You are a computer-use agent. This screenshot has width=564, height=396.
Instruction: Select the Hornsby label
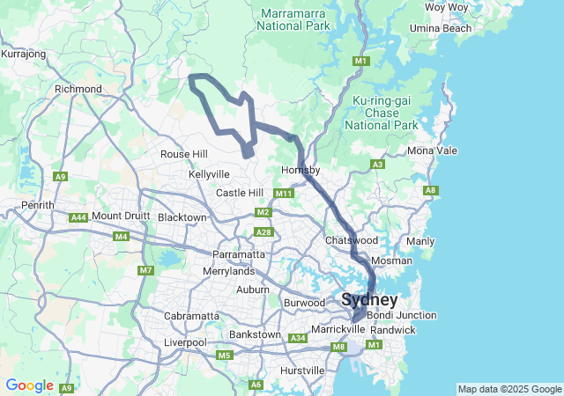[x=300, y=170]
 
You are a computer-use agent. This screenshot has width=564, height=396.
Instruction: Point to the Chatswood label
[x=352, y=240]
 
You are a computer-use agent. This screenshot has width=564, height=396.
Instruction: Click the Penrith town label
[x=38, y=205]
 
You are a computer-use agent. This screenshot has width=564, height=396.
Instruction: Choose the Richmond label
[x=78, y=89]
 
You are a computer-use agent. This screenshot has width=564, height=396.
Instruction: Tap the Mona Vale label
[x=433, y=150]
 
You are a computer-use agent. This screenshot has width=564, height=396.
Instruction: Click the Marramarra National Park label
[x=293, y=19]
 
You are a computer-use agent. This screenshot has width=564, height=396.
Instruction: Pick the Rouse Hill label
[x=184, y=154]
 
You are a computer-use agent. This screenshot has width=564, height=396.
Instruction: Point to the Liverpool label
[x=185, y=342]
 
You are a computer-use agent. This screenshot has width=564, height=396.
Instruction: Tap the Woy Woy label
[x=446, y=7]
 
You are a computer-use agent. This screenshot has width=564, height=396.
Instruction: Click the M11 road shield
[x=283, y=194]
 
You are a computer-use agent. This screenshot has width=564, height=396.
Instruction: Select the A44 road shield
[x=78, y=216]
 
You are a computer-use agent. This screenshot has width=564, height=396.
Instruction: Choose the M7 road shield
[x=145, y=270]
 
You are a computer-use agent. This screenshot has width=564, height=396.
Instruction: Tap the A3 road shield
[x=377, y=165]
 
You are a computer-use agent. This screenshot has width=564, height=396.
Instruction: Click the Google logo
[x=29, y=385]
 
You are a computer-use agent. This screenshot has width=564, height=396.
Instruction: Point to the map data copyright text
[x=509, y=389]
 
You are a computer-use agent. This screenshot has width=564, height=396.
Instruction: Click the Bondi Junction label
[x=401, y=315]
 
